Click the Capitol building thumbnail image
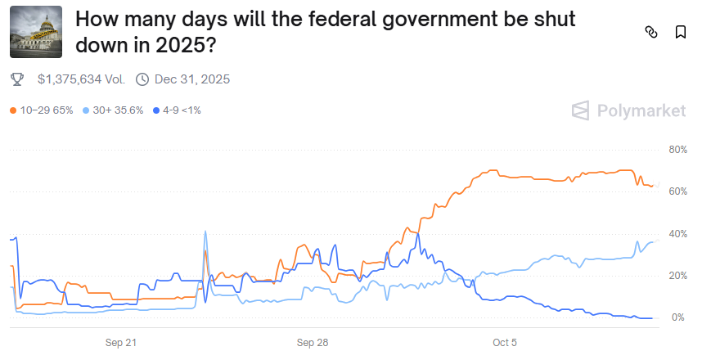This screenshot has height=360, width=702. [x=36, y=33]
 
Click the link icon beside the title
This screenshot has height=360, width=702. [x=651, y=33]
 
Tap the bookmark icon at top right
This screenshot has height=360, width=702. [x=681, y=33]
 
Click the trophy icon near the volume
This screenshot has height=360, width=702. [x=18, y=79]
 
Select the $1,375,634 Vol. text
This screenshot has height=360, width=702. [x=80, y=79]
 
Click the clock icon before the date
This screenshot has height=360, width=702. [x=142, y=79]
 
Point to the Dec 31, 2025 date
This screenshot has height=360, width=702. [x=192, y=79]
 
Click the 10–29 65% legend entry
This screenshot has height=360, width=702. [x=43, y=110]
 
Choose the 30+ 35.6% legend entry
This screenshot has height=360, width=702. [x=114, y=110]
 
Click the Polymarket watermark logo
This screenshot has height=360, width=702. [x=628, y=110]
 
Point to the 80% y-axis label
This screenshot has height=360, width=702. [x=677, y=150]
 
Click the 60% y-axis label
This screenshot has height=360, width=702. [x=677, y=191]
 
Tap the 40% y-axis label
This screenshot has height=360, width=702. [x=677, y=234]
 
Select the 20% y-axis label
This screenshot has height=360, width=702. [x=677, y=276]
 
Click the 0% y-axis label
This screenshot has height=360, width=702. [x=679, y=317]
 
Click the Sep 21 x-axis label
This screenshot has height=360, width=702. [x=121, y=342]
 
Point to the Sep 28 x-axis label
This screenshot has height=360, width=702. [x=313, y=342]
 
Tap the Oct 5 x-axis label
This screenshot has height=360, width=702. [x=505, y=342]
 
